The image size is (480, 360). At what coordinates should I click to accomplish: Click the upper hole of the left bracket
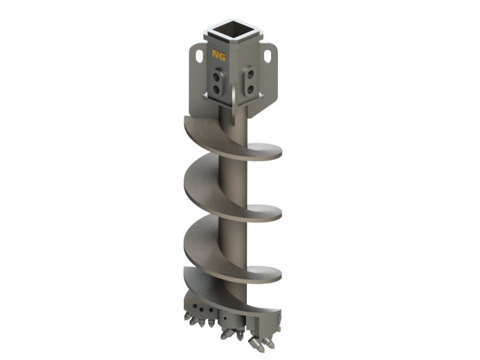click(x=219, y=77)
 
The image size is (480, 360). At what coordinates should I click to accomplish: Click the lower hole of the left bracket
click(x=219, y=88)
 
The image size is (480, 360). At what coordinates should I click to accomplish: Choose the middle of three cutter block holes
click(x=203, y=311)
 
